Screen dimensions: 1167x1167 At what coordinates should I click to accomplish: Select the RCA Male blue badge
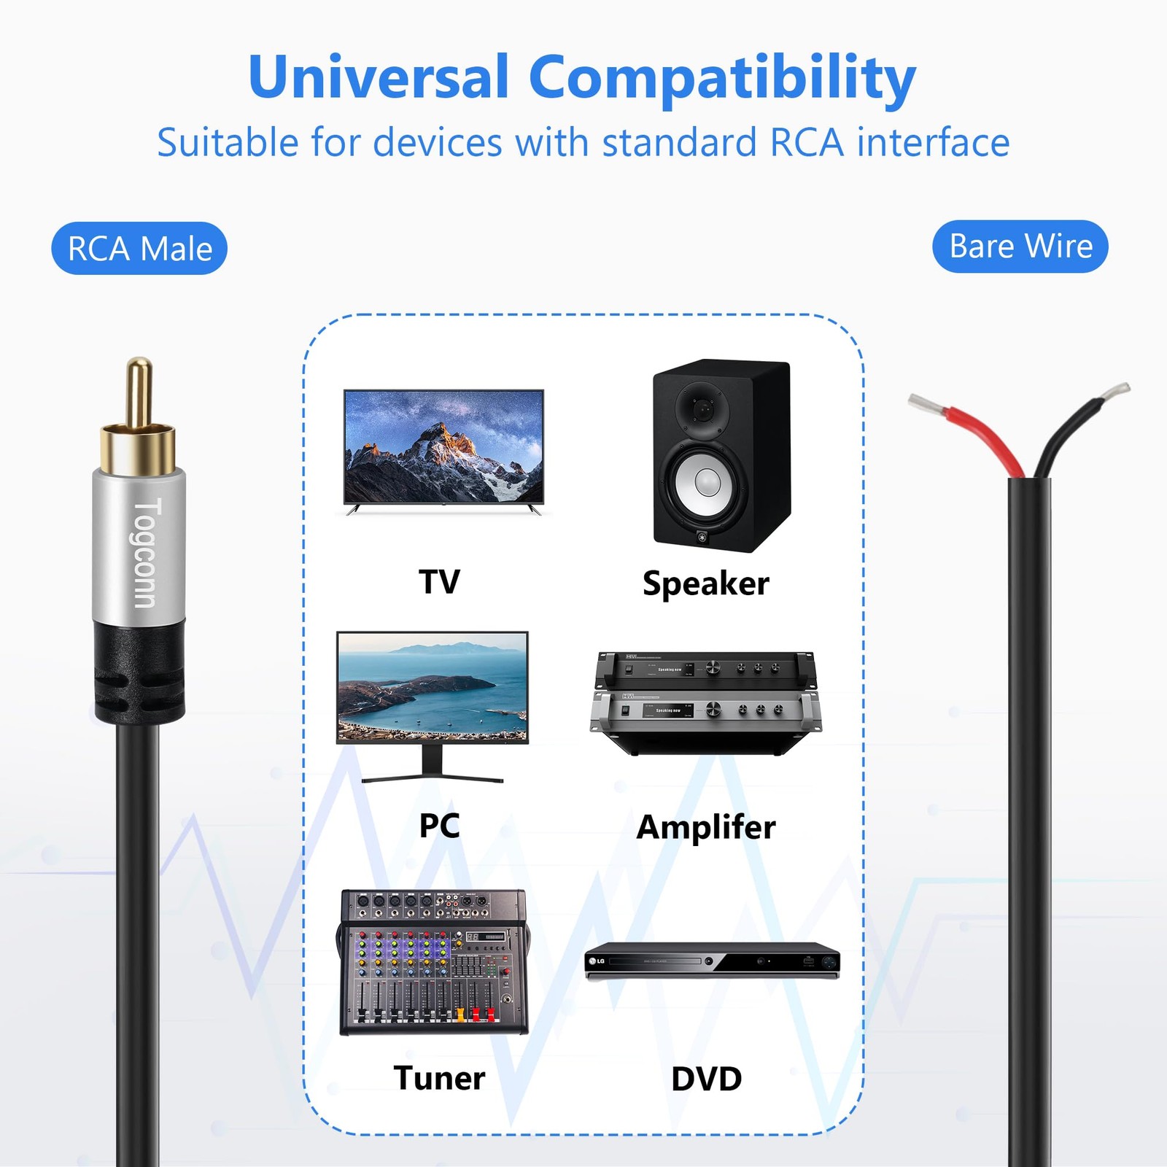pyautogui.click(x=139, y=248)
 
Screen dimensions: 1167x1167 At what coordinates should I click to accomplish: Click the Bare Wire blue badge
pyautogui.click(x=1020, y=247)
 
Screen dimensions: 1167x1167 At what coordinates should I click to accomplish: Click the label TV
pyautogui.click(x=439, y=581)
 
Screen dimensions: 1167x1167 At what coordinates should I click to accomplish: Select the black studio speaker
pyautogui.click(x=721, y=455)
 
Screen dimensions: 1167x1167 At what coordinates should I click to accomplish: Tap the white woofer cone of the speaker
pyautogui.click(x=707, y=481)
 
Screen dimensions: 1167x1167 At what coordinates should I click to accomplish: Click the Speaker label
pyautogui.click(x=705, y=583)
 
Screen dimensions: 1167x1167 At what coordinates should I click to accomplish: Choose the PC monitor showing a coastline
pyautogui.click(x=433, y=706)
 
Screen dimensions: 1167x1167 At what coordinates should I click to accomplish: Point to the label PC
pyautogui.click(x=439, y=825)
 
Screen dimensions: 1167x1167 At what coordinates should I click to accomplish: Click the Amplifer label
pyautogui.click(x=705, y=827)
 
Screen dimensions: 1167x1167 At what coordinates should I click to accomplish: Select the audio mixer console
pyautogui.click(x=433, y=962)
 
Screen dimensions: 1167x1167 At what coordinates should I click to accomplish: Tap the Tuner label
pyautogui.click(x=439, y=1077)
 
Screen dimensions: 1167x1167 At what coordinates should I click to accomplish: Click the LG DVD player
pyautogui.click(x=713, y=961)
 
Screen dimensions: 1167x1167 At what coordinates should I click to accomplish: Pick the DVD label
pyautogui.click(x=706, y=1079)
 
